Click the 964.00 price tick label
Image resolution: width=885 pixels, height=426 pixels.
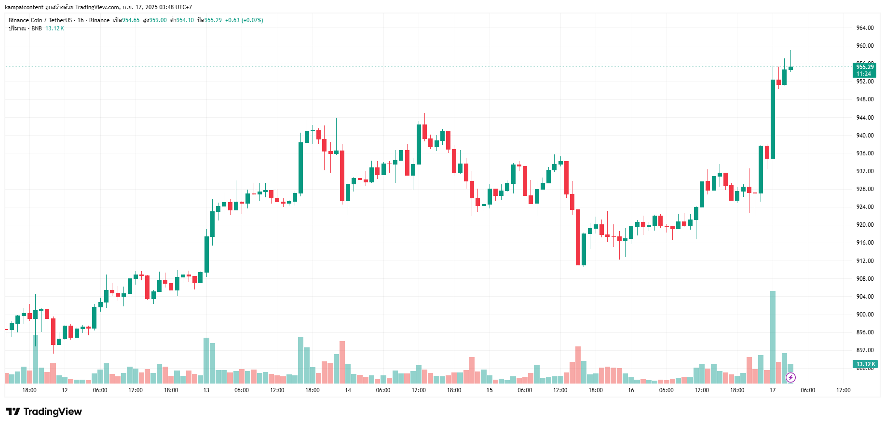pos(865,28)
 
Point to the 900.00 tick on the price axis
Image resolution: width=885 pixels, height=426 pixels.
pos(865,315)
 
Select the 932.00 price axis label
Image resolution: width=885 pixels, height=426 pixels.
pos(865,171)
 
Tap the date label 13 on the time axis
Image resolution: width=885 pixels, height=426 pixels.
pos(206,390)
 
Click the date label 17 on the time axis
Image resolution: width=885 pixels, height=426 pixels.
pos(772,390)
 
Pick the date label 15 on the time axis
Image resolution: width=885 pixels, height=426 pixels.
pos(489,390)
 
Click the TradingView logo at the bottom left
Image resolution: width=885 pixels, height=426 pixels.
pos(44,412)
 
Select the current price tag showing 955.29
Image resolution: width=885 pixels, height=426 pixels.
pos(864,67)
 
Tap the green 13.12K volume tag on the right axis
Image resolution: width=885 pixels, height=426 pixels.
pos(865,364)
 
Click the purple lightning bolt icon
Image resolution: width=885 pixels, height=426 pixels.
pos(790,377)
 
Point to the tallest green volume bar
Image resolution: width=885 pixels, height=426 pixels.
pos(773,337)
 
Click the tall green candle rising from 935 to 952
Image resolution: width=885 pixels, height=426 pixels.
pos(773,119)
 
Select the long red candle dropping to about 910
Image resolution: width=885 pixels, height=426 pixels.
pos(578,237)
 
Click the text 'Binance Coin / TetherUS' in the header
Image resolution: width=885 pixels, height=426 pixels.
pos(40,20)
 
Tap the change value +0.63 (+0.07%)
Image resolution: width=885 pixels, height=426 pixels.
pos(244,20)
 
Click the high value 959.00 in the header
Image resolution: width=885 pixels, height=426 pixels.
pos(158,20)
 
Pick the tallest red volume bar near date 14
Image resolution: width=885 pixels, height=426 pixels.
pos(342,362)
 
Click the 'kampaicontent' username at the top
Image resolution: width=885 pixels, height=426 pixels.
pos(24,7)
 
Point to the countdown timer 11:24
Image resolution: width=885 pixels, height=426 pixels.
pos(864,74)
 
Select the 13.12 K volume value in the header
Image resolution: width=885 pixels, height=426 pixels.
pos(54,28)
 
